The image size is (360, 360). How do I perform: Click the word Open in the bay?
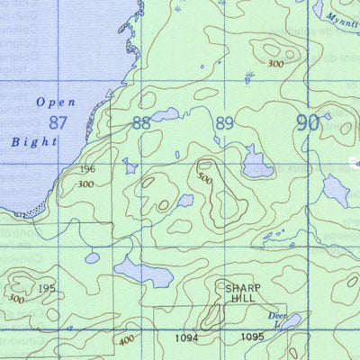[x=56, y=103]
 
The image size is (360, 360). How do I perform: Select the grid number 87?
[x=59, y=122]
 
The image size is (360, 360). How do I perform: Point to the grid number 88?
[x=141, y=122]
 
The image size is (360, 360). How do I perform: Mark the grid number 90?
[x=308, y=123]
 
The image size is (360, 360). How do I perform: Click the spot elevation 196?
[x=87, y=170]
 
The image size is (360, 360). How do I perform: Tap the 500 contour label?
[x=206, y=179]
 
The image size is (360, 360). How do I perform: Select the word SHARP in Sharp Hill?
[x=243, y=288]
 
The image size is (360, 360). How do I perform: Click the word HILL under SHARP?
[x=243, y=298]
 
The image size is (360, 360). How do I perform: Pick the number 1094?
[x=186, y=337]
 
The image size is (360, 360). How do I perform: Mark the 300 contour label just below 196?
[x=85, y=184]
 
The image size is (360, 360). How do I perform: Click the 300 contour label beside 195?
[x=15, y=298]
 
